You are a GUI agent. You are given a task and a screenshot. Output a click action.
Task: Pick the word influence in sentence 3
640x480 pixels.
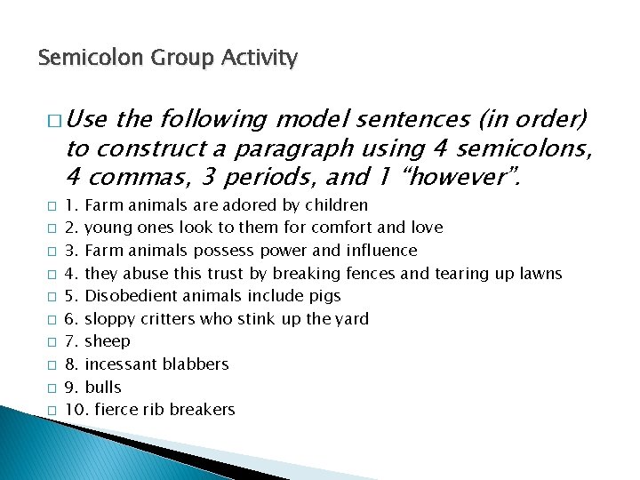click(383, 251)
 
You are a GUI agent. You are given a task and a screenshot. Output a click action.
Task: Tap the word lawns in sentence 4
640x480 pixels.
click(541, 273)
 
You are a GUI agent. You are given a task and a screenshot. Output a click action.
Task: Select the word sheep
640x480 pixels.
click(107, 341)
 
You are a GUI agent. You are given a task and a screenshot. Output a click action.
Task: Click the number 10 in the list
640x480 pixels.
click(74, 410)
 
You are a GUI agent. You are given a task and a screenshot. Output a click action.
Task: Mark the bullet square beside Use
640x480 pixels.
click(53, 119)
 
